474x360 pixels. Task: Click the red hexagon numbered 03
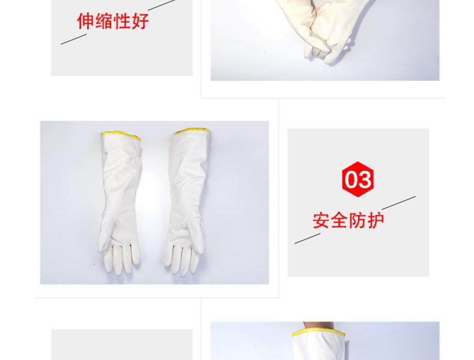[358, 179]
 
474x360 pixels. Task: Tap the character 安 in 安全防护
[321, 220]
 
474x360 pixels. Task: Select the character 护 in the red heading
[376, 220]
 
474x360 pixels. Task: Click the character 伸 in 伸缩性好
[86, 21]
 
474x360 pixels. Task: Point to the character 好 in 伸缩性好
[140, 21]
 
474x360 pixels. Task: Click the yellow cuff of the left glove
[121, 136]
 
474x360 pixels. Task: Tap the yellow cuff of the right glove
[191, 131]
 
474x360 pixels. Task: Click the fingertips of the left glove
[121, 265]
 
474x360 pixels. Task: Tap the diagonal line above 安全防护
[398, 203]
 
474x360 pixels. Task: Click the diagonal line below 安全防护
[307, 238]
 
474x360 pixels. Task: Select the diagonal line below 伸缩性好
[74, 39]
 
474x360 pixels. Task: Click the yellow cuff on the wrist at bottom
[319, 333]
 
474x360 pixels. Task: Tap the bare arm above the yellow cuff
[319, 326]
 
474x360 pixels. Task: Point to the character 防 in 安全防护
[358, 220]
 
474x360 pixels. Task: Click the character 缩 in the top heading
[104, 21]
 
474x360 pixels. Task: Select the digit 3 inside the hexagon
[365, 179]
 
